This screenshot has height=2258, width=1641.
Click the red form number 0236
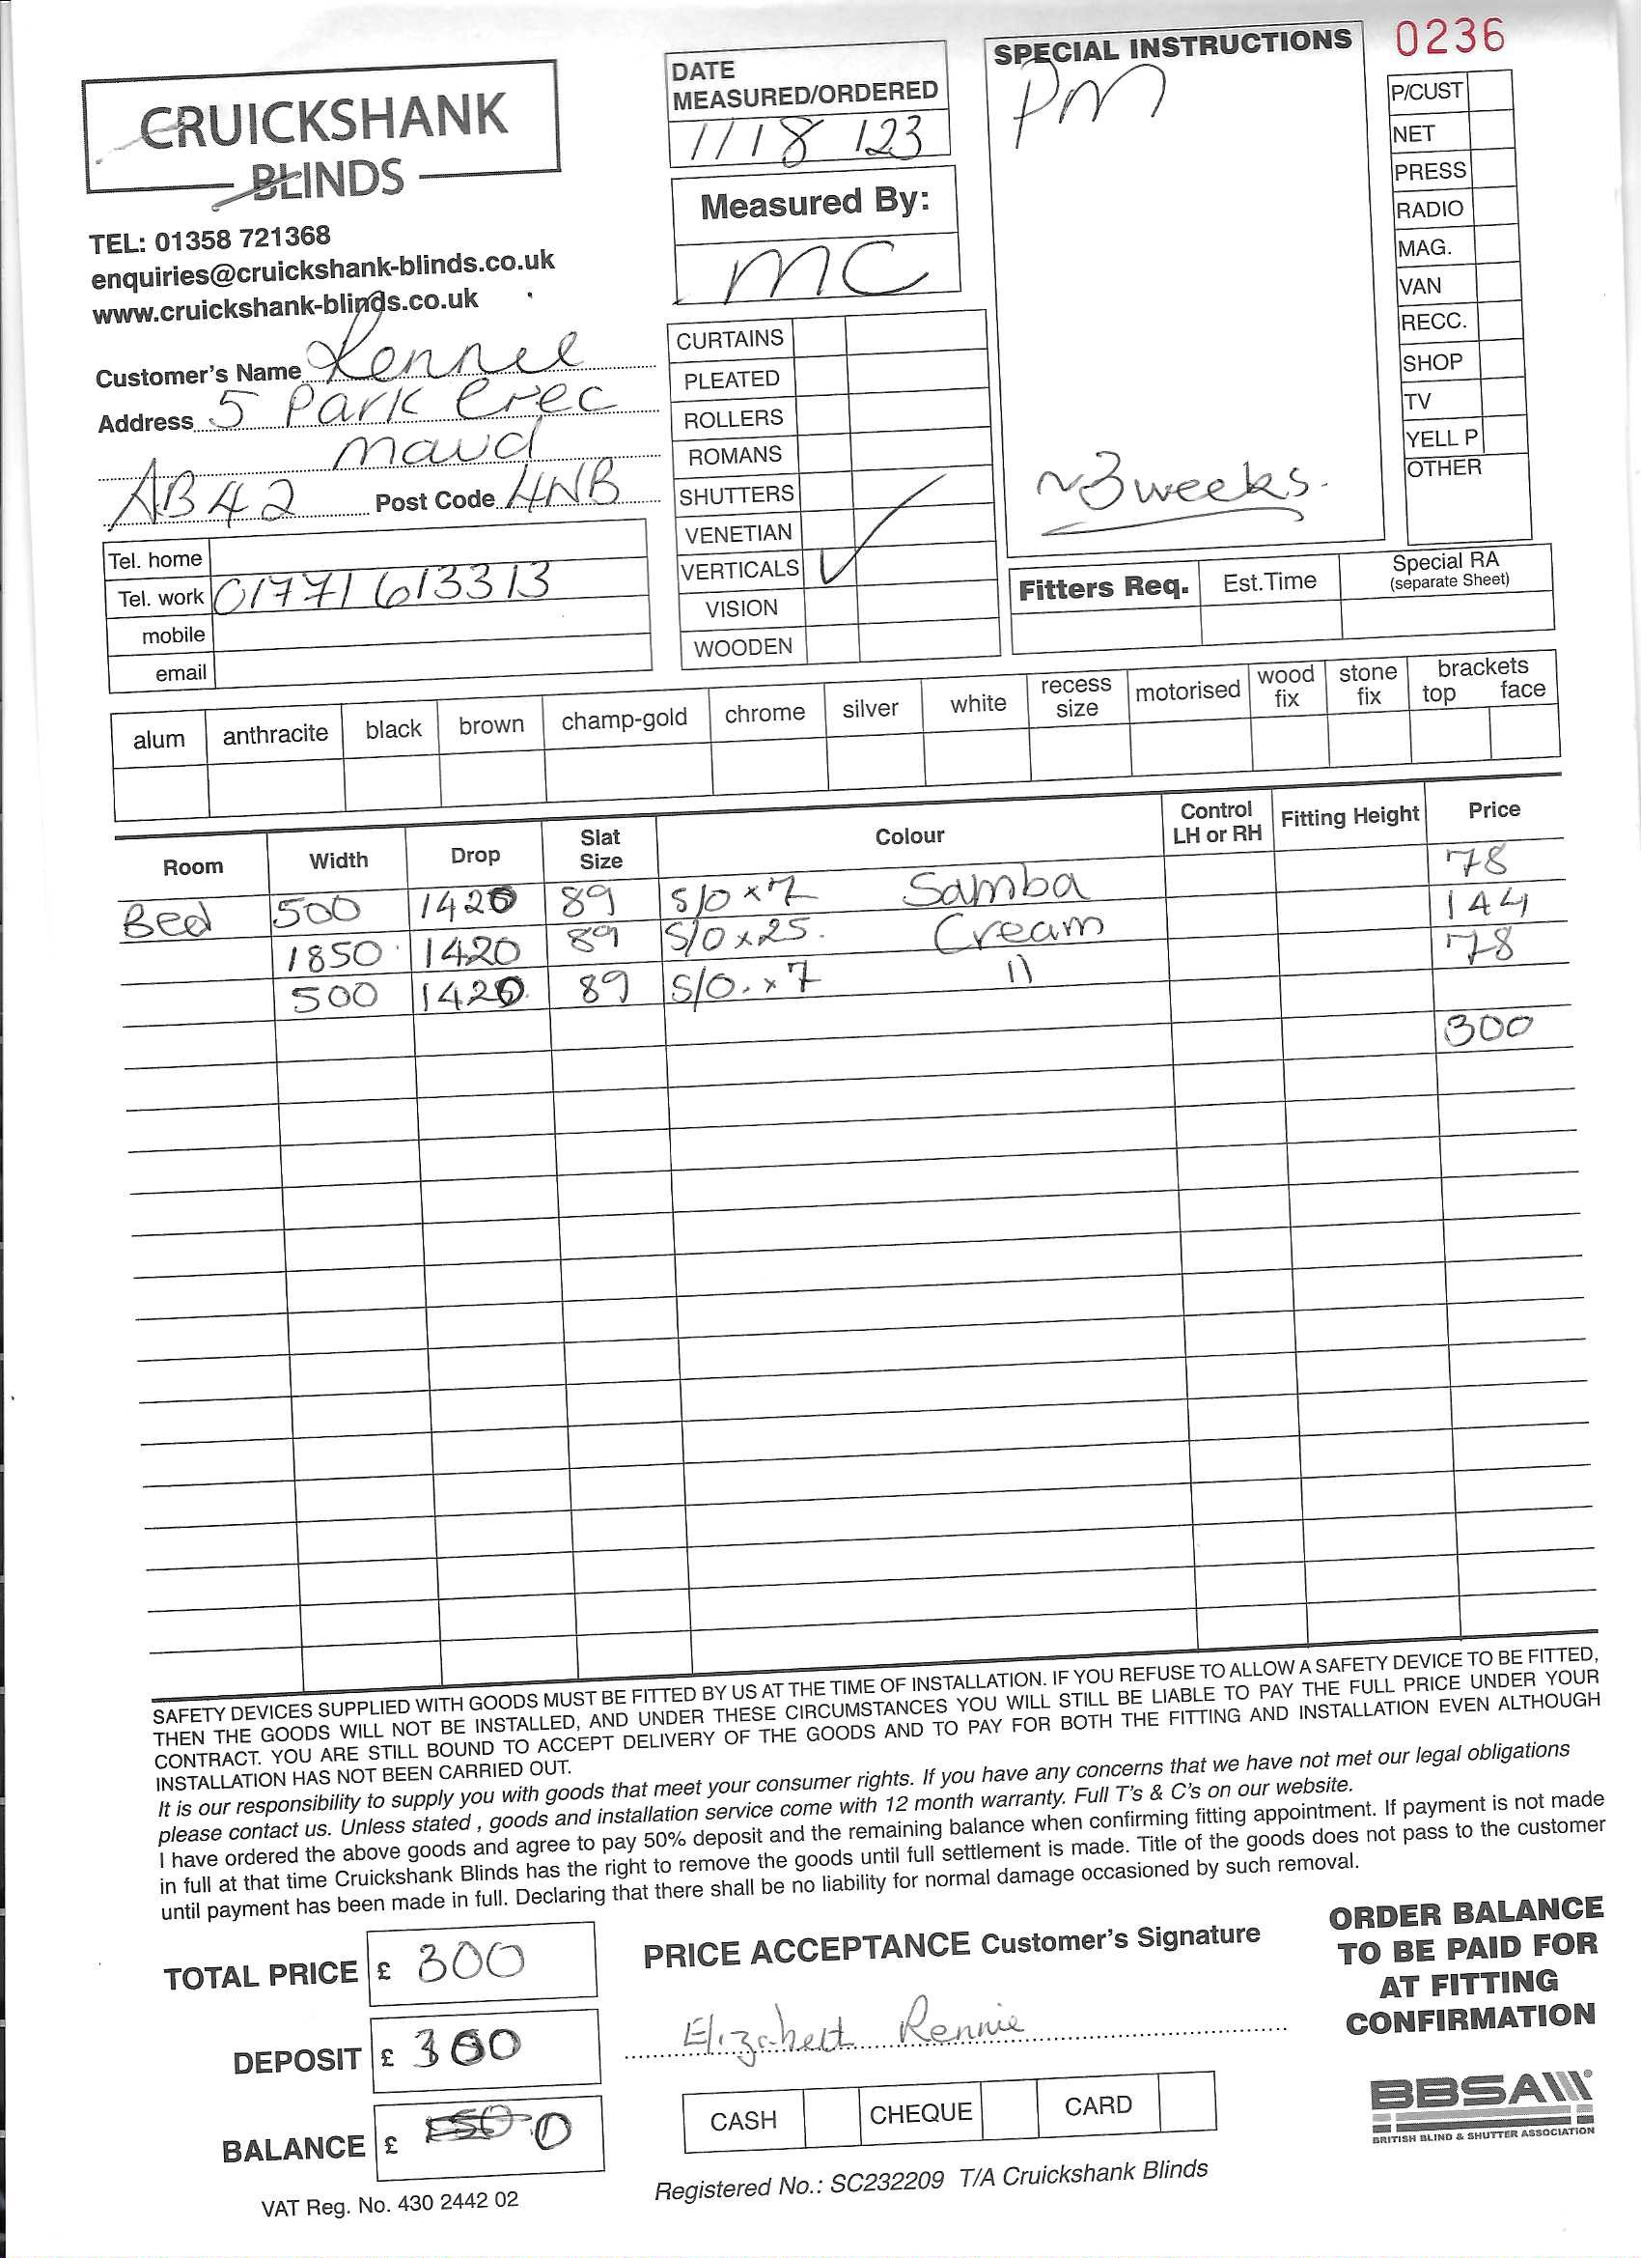1448,38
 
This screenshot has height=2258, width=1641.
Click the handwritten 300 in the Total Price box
470,1961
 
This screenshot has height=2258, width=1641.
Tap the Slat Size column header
600,848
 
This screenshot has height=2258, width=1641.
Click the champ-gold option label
624,719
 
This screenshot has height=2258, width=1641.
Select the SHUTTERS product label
736,494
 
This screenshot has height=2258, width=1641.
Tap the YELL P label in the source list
1440,438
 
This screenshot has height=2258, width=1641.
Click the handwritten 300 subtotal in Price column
1488,1029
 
